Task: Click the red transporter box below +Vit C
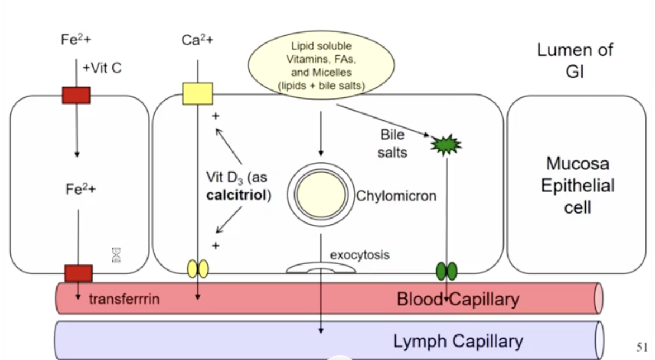pos(76,95)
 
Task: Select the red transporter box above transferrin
pos(78,273)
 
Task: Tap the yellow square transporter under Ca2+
pos(198,93)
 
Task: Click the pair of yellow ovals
pos(198,269)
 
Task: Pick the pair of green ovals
pos(447,271)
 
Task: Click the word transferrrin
pos(124,299)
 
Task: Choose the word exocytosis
pos(359,255)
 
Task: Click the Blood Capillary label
pos(458,299)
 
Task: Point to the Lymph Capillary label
pos(458,341)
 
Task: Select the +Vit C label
pos(102,68)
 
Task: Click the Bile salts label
pos(392,144)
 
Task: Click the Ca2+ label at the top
pos(197,40)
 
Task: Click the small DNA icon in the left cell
pos(116,255)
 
